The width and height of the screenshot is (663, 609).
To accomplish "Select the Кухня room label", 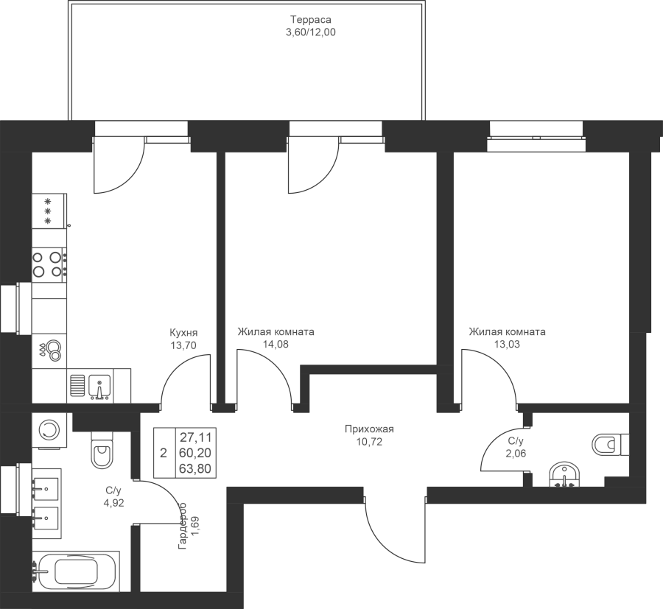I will [x=183, y=332].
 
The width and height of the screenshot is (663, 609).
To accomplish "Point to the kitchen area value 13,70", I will [x=183, y=344].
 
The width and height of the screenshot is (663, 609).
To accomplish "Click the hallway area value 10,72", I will [x=370, y=443].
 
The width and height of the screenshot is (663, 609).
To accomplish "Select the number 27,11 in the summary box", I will [x=192, y=436].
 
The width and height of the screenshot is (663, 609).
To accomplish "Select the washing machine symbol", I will [x=49, y=431].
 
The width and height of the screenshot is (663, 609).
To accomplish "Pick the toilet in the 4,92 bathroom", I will [x=100, y=449].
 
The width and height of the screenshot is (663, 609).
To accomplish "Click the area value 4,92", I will [x=113, y=504].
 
